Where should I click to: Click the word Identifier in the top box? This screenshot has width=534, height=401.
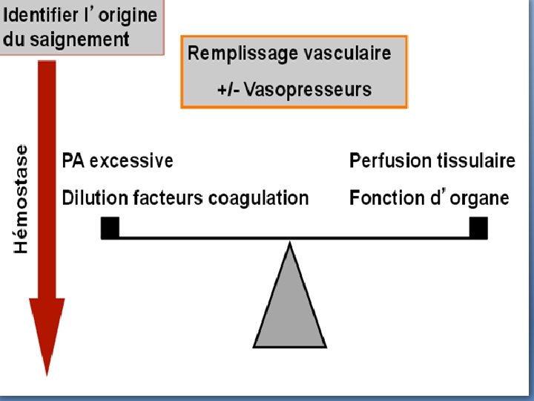[38, 14]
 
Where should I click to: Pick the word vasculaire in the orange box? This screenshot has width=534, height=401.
[347, 53]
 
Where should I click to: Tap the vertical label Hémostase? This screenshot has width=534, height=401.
[22, 198]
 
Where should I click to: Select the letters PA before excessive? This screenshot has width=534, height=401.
[73, 160]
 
